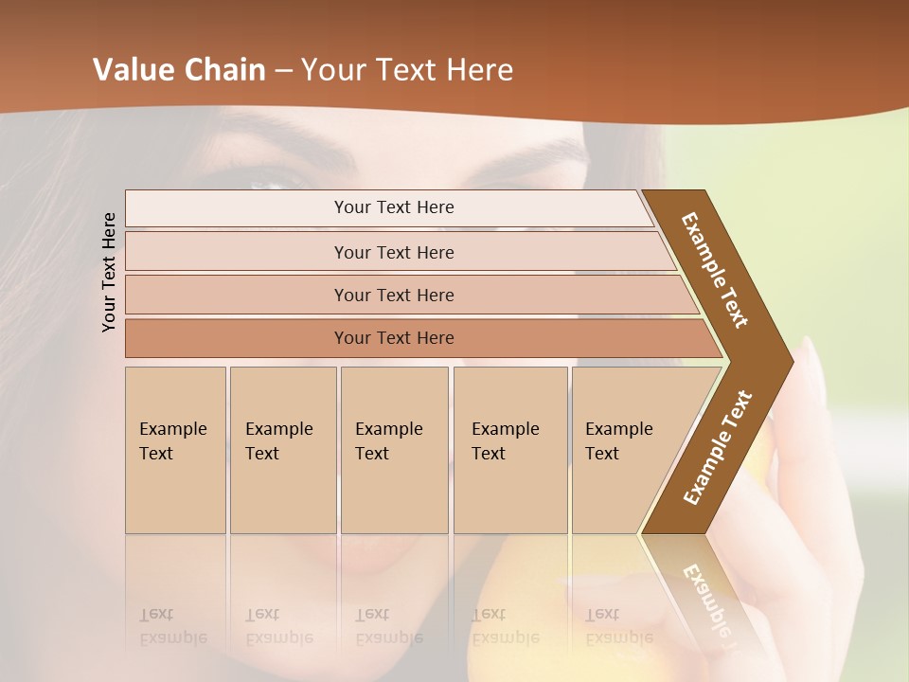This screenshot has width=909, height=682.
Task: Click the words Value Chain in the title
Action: tap(179, 69)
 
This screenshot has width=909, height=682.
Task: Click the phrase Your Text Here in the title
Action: tap(407, 69)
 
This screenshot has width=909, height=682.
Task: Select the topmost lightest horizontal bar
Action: tap(393, 207)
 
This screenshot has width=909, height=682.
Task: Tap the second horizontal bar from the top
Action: tap(393, 252)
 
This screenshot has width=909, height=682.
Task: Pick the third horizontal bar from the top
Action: tap(393, 295)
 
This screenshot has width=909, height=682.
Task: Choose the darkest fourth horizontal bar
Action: tap(393, 338)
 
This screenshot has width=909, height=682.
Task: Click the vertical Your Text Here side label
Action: tap(109, 273)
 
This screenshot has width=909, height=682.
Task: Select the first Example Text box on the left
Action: tap(175, 449)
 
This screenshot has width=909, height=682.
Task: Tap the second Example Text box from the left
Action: tap(282, 449)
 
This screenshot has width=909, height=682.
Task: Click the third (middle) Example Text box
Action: tap(393, 449)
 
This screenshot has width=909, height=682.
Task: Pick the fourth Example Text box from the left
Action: tap(509, 449)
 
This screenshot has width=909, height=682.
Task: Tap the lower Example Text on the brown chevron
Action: tap(718, 447)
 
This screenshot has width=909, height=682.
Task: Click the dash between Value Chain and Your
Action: tap(283, 70)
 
